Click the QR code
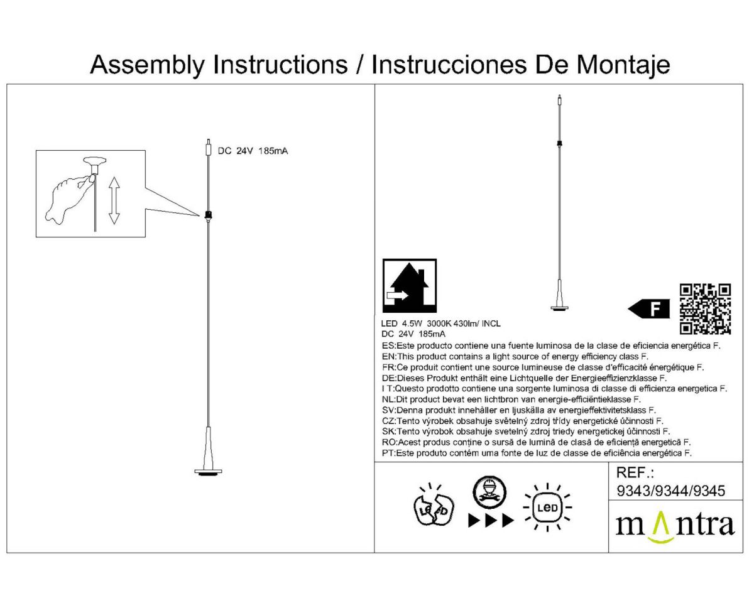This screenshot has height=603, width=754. pyautogui.click(x=706, y=308)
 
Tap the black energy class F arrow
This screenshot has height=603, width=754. pyautogui.click(x=648, y=309)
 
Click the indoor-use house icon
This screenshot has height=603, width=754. pyautogui.click(x=410, y=286)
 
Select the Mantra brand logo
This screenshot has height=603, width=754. pyautogui.click(x=675, y=526)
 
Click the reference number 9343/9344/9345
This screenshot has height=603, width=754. pyautogui.click(x=671, y=491)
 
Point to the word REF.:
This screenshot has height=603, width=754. pyautogui.click(x=636, y=473)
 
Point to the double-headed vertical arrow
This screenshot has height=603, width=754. pyautogui.click(x=114, y=200)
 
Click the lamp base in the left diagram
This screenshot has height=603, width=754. pyautogui.click(x=208, y=471)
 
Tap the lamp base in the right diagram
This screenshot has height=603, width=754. pyautogui.click(x=559, y=307)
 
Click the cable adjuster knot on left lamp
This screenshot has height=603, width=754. pyautogui.click(x=208, y=215)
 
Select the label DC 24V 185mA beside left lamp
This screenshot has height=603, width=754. pyautogui.click(x=253, y=151)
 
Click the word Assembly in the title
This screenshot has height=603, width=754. pyautogui.click(x=147, y=65)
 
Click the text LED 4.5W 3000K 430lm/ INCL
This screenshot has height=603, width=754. pyautogui.click(x=441, y=323)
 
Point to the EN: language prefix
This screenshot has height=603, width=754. pyautogui.click(x=388, y=356)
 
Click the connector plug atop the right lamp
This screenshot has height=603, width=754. pyautogui.click(x=559, y=100)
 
